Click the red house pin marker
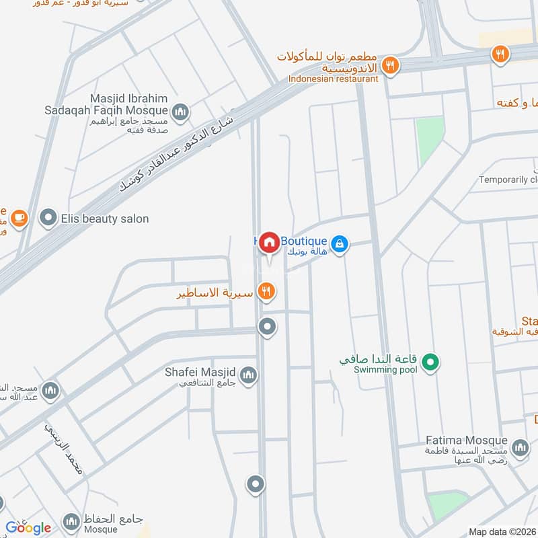point(270,242)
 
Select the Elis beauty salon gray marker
point(48,218)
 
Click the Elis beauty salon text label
point(104,219)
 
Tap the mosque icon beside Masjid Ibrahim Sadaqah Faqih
point(180,112)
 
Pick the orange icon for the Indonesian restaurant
point(389,66)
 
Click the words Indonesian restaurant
point(334,79)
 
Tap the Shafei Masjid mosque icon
point(248,375)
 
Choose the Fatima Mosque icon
point(519,447)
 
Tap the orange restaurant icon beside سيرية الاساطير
point(267,291)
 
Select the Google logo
point(28,528)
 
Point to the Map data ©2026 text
point(501,532)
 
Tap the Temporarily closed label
point(508,180)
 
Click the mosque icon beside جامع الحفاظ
point(71,521)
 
